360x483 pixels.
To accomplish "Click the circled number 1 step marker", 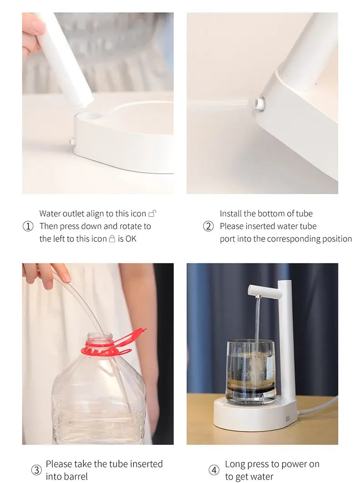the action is pos(28,226).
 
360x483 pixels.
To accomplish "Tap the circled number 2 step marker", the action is pos(208,226).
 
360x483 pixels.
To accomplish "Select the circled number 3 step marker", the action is pos(36,470).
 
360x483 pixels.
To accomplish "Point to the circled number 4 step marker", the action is pos(214,470).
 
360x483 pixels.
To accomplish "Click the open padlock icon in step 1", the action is pos(153,213).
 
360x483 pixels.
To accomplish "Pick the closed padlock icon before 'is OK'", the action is pos(112,239).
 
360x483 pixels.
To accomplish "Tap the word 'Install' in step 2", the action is pos(231,213).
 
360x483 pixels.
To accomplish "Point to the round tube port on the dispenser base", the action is pos(259,103).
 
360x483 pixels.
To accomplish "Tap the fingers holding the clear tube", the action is pos(46,274).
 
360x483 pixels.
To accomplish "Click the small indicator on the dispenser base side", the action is pos(288,418).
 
